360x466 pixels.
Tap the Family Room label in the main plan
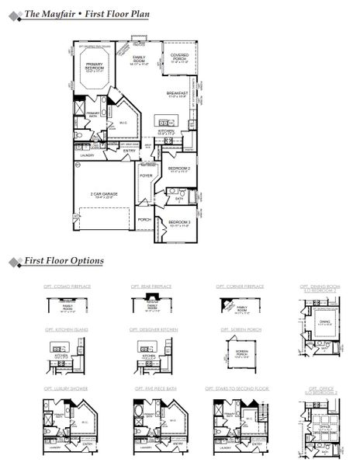pos(140,60)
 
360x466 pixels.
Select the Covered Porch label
pos(179,57)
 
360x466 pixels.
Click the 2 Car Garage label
pos(102,195)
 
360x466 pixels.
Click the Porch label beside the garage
pos(144,219)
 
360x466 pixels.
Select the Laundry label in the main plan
pos(85,155)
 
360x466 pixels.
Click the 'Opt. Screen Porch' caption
pos(236,329)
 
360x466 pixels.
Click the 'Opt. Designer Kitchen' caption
pos(154,329)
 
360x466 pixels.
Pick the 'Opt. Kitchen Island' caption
pos(66,329)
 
